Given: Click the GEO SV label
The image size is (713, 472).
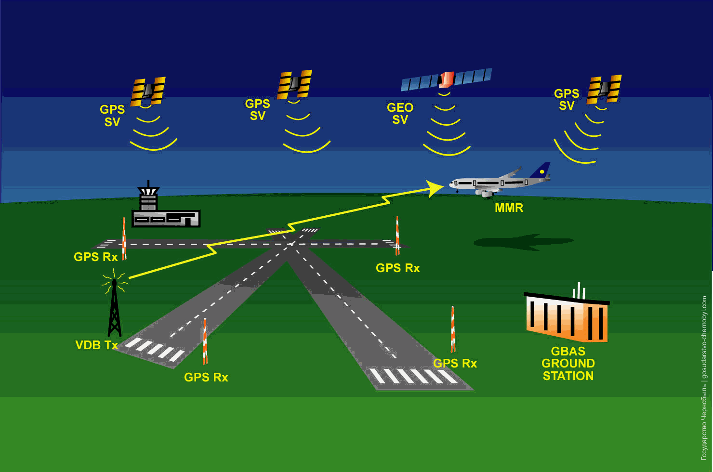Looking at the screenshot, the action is tap(400, 114).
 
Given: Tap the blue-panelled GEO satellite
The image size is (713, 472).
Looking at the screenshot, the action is tap(446, 79).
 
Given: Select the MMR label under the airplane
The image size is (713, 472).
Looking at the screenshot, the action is tap(509, 208).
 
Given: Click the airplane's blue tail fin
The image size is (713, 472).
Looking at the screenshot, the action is tap(541, 170).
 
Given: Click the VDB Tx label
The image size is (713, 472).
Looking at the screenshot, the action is tap(97, 345).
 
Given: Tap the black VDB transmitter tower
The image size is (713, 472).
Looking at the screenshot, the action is tap(115, 308).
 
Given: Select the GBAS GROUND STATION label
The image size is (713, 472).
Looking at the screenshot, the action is tap(568, 364).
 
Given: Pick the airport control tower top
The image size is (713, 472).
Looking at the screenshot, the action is tap(148, 190).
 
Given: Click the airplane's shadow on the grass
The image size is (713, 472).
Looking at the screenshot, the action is tap(524, 242).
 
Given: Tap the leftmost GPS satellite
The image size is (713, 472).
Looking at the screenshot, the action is tap(148, 92).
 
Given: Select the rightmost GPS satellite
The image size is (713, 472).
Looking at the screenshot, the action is tap(604, 89).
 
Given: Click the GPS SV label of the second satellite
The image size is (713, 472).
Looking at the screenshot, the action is tap(258, 110).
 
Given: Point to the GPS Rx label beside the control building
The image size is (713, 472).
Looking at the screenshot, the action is tap(96, 257).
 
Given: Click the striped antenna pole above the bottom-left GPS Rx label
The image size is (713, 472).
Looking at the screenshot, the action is tap(205, 341).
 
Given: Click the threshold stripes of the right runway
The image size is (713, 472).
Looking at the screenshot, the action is tap(414, 376).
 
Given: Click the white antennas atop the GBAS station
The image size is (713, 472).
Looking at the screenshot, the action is tap(579, 291).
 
